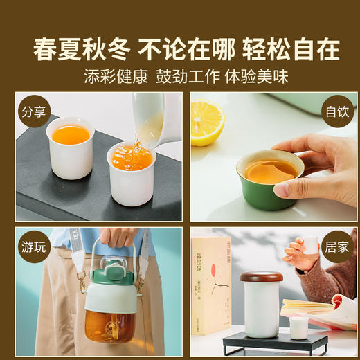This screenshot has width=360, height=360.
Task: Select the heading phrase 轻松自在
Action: point(291,49)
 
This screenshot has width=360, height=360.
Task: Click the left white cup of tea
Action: point(70,147)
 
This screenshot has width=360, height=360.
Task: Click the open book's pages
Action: point(322,309)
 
